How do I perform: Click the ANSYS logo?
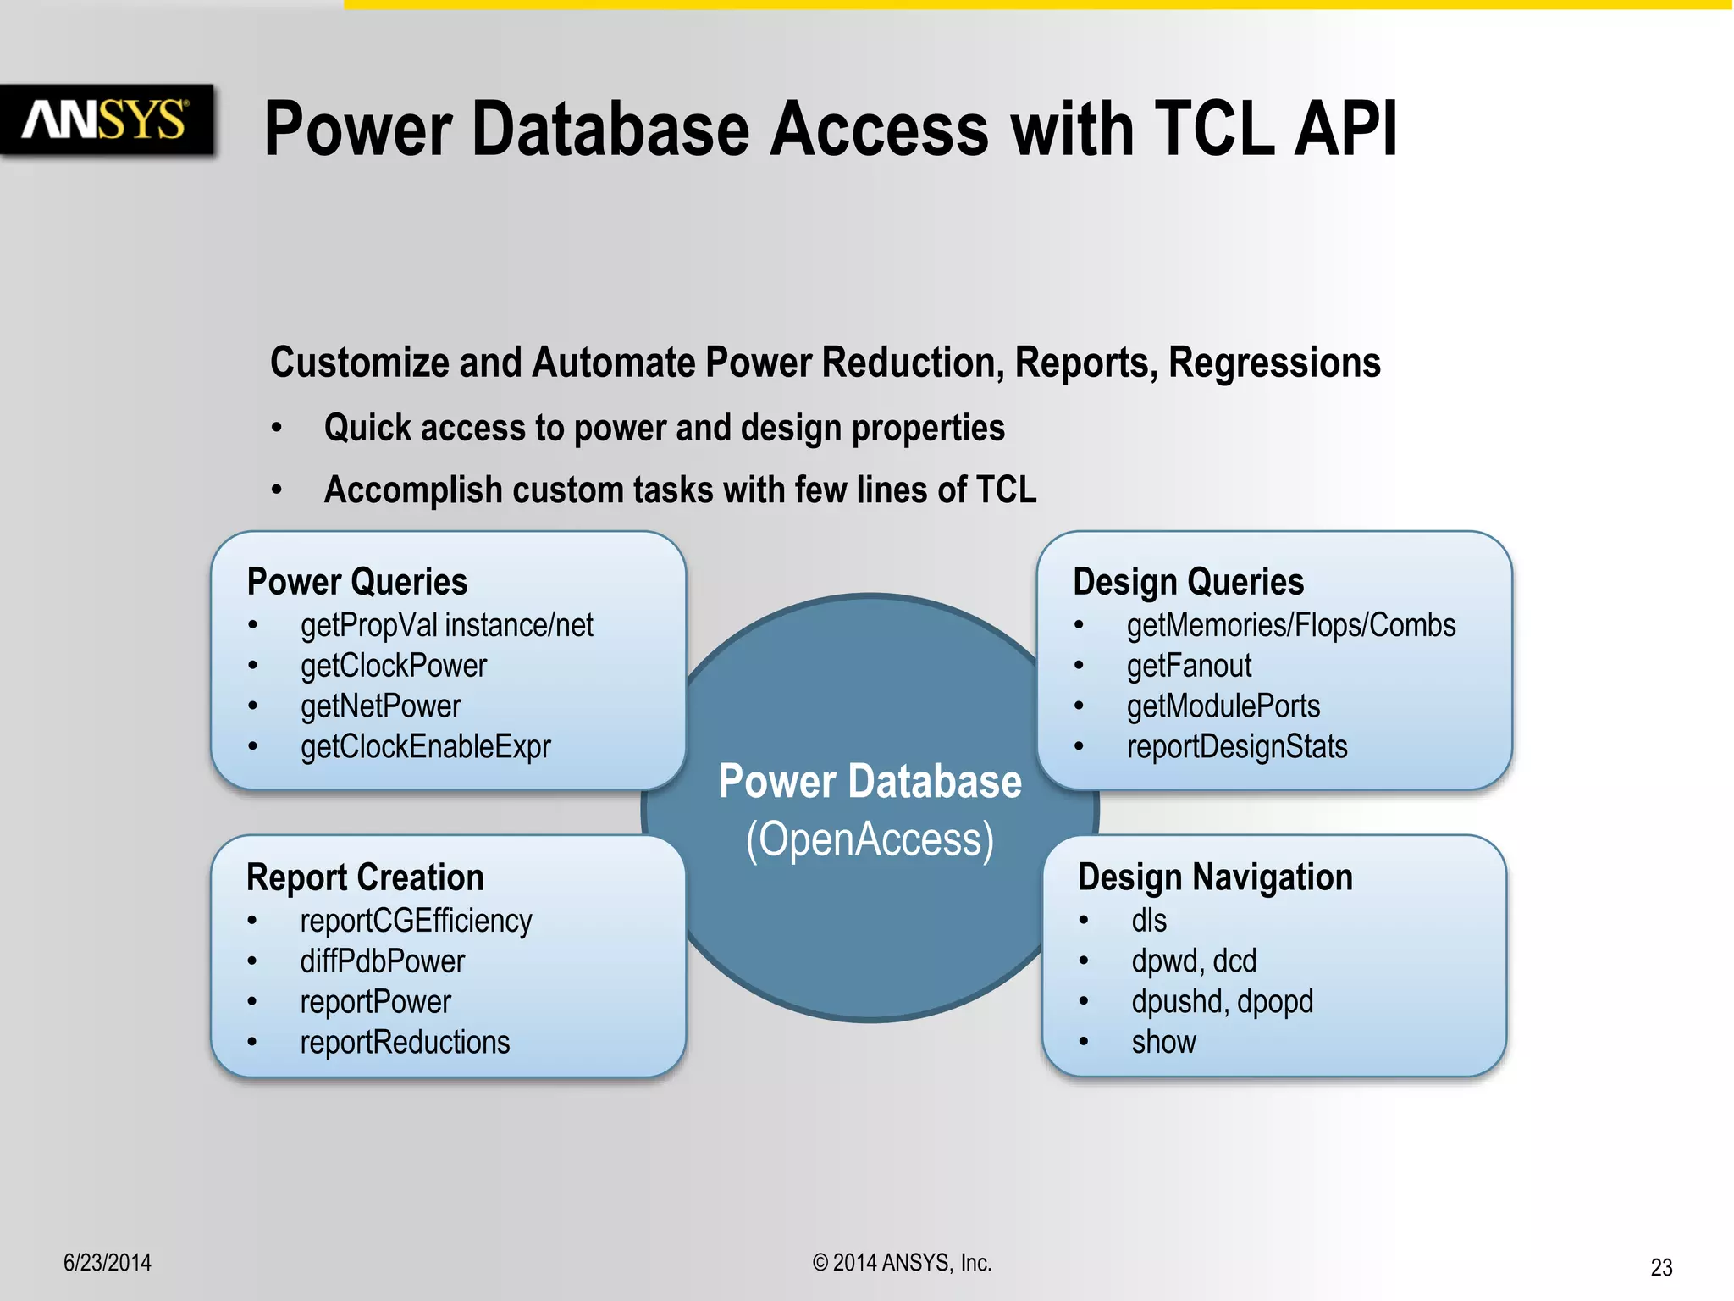(x=106, y=119)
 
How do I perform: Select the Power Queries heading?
(x=356, y=582)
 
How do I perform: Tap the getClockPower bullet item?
(x=393, y=666)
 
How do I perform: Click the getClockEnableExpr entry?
(x=425, y=747)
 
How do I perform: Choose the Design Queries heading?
(x=1188, y=582)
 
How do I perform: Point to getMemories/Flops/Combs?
(x=1290, y=625)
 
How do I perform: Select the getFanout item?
(x=1188, y=666)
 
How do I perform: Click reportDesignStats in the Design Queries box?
(x=1236, y=747)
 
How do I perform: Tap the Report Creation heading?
(x=365, y=877)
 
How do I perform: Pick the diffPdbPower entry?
(x=382, y=961)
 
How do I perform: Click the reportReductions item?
(x=405, y=1043)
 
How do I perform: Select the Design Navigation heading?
(x=1215, y=877)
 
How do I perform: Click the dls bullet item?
(x=1148, y=921)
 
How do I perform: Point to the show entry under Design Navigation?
(x=1163, y=1043)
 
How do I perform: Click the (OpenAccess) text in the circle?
(x=870, y=840)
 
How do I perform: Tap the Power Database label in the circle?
(x=870, y=781)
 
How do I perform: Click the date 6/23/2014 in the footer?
(x=108, y=1263)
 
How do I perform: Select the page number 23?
(x=1661, y=1267)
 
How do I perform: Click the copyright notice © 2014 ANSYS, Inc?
(x=902, y=1263)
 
